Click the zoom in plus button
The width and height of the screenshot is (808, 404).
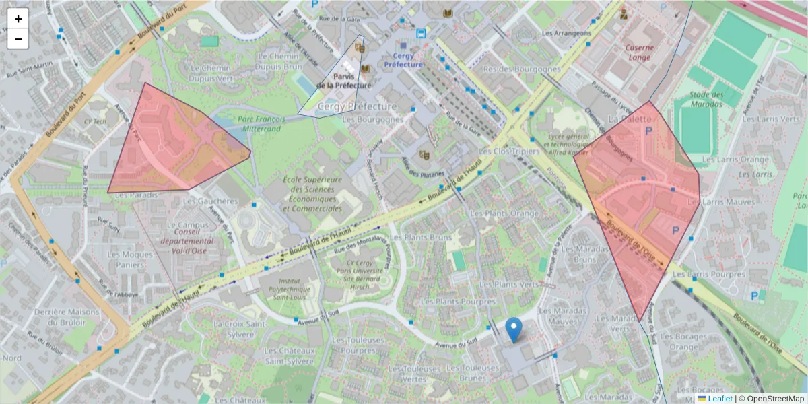click(x=18, y=19)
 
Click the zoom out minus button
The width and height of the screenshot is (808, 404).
click(x=18, y=39)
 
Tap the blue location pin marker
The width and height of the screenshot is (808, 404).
click(x=514, y=330)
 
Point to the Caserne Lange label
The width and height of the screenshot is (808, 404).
click(x=638, y=53)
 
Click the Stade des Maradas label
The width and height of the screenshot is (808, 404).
click(x=706, y=99)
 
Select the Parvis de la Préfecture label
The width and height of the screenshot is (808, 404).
click(x=343, y=81)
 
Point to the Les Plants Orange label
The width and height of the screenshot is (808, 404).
click(x=504, y=213)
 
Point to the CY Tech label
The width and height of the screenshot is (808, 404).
click(x=95, y=122)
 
